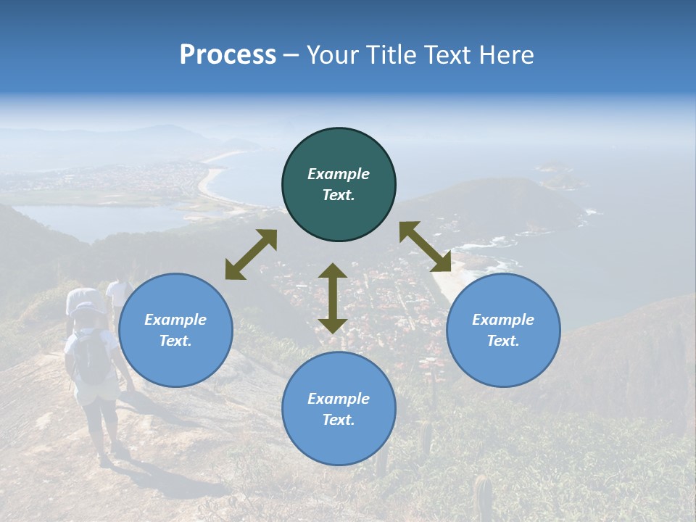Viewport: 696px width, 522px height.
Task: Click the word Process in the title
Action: [228, 55]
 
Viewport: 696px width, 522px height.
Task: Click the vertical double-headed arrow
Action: [332, 298]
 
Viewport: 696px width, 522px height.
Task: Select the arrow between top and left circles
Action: [251, 254]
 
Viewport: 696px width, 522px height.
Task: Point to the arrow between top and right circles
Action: [425, 246]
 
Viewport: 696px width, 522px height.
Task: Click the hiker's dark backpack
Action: [91, 359]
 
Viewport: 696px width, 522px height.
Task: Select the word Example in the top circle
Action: [339, 174]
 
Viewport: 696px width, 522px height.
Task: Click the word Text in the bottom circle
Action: [339, 420]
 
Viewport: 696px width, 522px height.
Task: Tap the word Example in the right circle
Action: [503, 320]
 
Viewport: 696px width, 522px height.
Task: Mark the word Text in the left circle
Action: [175, 341]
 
